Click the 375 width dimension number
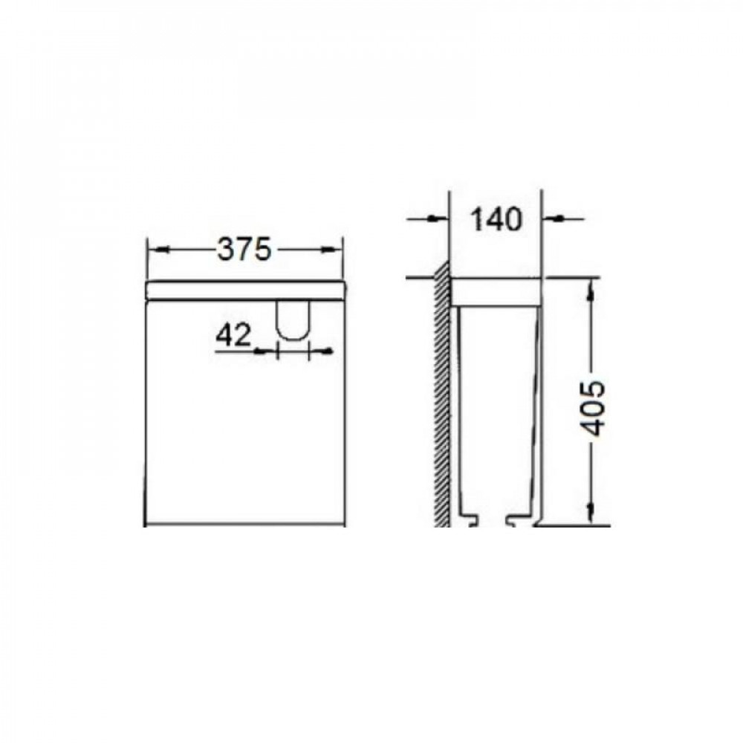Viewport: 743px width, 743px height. point(244,249)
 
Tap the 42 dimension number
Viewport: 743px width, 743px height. point(233,336)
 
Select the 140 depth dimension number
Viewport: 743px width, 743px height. point(496,219)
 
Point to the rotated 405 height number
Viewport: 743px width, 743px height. point(593,408)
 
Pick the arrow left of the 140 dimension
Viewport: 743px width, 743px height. point(428,218)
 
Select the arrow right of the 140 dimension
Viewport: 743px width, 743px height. point(563,218)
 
